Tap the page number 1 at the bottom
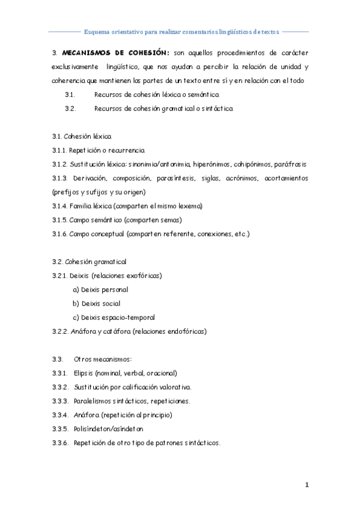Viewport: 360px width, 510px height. point(307,484)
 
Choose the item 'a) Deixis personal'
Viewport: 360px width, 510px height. point(100,289)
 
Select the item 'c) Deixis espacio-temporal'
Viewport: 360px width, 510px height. point(114,317)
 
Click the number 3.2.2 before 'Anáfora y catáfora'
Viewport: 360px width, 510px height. point(60,331)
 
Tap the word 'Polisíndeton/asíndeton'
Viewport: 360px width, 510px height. point(109,429)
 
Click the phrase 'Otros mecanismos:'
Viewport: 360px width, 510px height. point(99,359)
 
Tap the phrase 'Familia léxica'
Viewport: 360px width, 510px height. point(91,206)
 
